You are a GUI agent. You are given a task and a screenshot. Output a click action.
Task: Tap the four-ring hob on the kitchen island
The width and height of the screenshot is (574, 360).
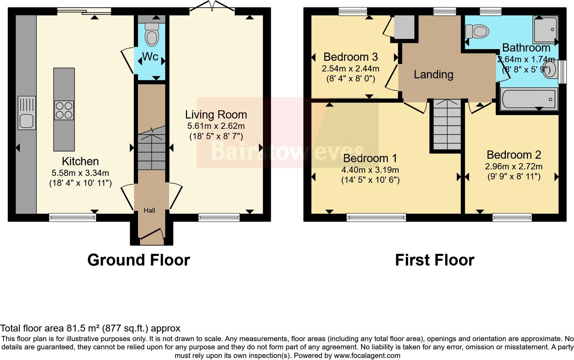pos(64,110)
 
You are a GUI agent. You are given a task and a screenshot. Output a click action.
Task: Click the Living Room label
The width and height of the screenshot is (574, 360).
pos(216,115)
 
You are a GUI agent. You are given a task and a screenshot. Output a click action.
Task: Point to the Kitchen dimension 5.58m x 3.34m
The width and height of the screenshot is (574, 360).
pos(80,173)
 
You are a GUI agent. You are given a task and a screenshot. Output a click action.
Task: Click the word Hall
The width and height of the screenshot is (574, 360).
pos(149,210)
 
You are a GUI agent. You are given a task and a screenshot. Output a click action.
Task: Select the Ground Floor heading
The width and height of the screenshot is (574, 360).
pos(138,260)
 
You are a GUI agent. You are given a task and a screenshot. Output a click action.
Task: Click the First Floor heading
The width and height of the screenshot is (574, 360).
pos(434,260)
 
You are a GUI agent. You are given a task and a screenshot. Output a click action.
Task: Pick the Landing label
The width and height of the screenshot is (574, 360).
pos(433,74)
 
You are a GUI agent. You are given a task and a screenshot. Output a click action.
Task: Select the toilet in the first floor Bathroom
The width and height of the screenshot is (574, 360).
pos(478,32)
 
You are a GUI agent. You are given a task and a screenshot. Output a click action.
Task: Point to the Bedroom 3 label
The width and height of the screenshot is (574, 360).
pos(350,56)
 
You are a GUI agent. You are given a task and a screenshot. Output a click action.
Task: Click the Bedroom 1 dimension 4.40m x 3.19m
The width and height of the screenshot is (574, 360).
pos(370,170)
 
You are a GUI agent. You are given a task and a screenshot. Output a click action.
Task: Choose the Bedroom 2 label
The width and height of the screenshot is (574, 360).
pos(514,155)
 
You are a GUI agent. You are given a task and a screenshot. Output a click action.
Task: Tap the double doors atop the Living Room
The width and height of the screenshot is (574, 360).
pos(213,6)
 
